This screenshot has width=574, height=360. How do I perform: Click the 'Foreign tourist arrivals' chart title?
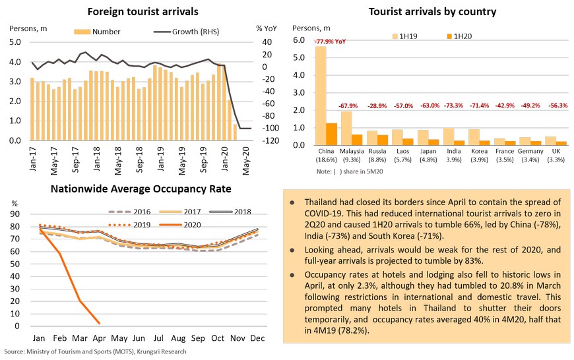pos(143,12)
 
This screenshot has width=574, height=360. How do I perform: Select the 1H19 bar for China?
pos(321,96)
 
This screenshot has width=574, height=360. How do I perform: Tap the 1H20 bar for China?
pos(332,135)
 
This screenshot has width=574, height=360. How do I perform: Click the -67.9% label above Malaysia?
pos(348,105)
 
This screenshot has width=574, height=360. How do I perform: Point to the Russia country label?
pos(377,151)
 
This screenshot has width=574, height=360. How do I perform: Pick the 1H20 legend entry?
pos(459,36)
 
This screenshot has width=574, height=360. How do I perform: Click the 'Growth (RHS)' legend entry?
pos(186,32)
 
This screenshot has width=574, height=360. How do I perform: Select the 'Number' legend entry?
pos(97,32)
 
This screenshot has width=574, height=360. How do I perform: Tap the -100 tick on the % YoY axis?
pos(271,128)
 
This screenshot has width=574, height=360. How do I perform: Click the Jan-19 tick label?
pos(161,159)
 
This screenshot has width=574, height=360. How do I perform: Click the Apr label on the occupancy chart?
pos(99,338)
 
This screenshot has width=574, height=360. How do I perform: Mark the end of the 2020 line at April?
pos(99,323)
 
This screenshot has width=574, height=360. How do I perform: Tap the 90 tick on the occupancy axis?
pos(15,214)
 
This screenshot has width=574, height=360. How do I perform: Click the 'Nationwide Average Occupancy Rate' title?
pos(141,189)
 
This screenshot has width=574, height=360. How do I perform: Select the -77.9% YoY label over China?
pos(330,42)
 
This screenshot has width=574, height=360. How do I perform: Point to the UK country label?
pos(556,151)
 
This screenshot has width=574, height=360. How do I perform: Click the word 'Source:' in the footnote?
pos(15,351)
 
